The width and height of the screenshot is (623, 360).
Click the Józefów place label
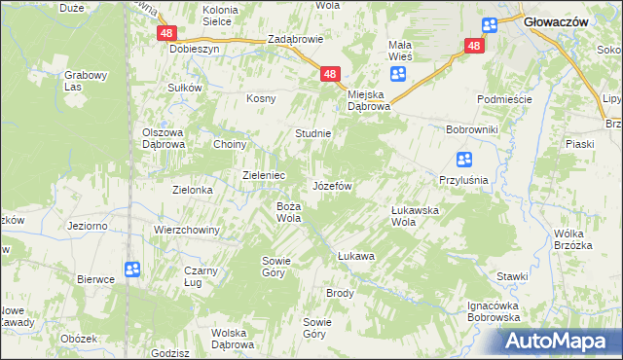(x=331, y=185)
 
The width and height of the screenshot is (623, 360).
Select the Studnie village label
(x=313, y=133)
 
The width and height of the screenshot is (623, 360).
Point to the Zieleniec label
(x=263, y=175)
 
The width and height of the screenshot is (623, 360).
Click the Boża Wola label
(x=288, y=212)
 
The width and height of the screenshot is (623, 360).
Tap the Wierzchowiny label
(x=187, y=230)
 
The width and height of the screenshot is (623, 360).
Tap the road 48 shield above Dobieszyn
(x=165, y=33)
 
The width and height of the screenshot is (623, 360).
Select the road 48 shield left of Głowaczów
(x=474, y=46)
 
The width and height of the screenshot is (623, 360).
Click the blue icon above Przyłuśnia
(x=464, y=161)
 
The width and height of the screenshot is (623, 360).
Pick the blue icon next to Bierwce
(x=132, y=270)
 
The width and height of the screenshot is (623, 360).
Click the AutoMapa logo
(x=559, y=342)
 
